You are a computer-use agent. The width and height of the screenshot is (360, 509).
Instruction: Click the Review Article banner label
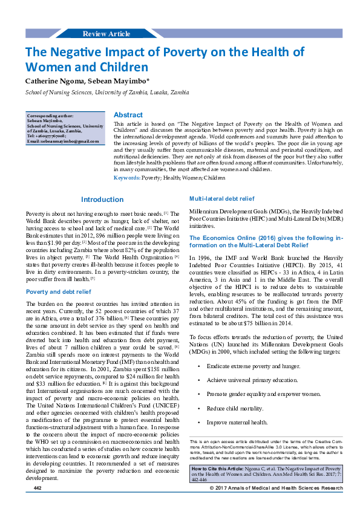[106, 33]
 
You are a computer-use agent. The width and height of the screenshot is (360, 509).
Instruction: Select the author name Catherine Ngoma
[51, 80]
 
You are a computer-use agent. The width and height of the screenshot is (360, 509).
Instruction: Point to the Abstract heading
[128, 114]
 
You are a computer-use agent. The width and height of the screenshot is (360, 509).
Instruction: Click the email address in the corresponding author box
[62, 141]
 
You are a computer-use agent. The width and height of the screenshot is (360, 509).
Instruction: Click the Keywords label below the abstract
[127, 178]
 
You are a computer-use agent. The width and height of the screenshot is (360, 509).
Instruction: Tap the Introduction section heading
[102, 199]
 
